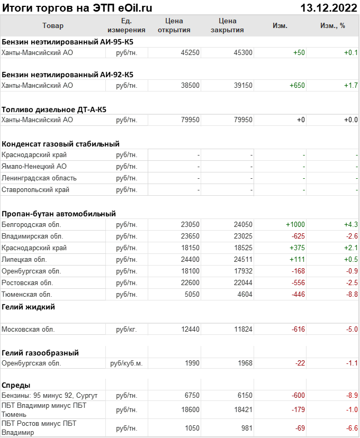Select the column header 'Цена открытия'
point(174,25)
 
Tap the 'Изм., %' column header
point(332,25)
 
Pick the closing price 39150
point(243,85)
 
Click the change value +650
point(298,85)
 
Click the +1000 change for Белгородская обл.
point(295,224)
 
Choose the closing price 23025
point(243,236)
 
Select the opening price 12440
point(190,329)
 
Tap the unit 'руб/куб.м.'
point(127,363)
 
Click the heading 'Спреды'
point(16,385)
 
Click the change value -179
point(298,409)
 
